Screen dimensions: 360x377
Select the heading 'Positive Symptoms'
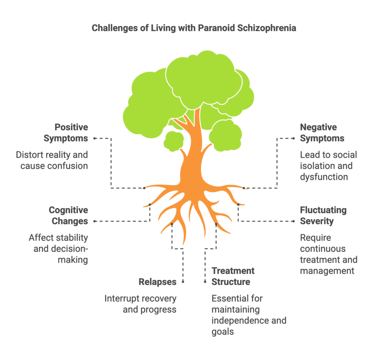(66, 133)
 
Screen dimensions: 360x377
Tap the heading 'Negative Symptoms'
(322, 133)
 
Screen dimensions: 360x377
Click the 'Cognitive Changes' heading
(68, 215)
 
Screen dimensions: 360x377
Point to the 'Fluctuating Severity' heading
(323, 215)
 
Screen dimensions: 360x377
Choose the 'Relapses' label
(158, 282)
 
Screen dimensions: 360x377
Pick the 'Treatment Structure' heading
(233, 276)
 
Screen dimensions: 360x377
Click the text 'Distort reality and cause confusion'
(52, 160)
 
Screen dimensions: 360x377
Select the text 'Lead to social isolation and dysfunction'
(328, 165)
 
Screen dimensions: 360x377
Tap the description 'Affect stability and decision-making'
(58, 249)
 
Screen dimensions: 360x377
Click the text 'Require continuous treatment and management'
(328, 254)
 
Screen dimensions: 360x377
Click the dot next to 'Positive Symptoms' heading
(95, 138)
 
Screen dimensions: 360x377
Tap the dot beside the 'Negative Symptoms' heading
(293, 138)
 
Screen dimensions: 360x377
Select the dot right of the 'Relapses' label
(183, 282)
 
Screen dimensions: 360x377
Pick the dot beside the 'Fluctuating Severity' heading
(293, 221)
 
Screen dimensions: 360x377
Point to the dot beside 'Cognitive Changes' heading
(95, 221)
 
